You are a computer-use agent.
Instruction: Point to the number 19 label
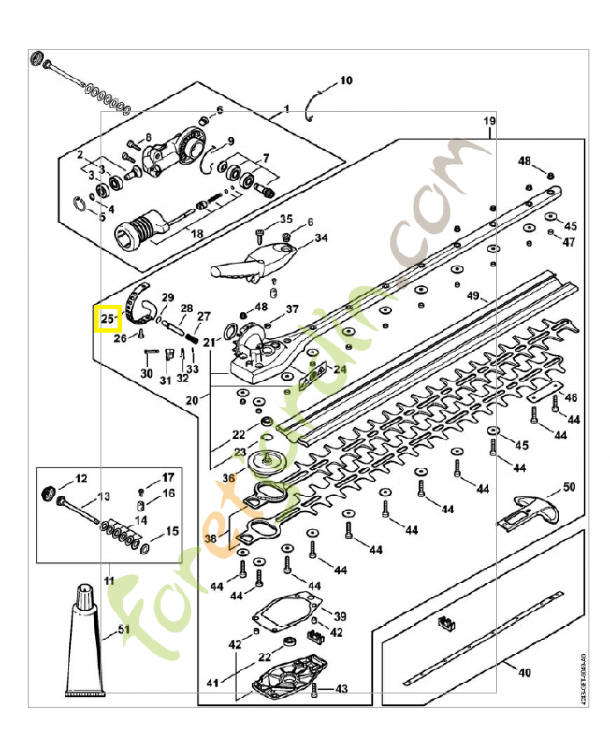[x=488, y=122]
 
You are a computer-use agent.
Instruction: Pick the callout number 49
[x=473, y=295]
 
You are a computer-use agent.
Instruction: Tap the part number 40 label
[x=524, y=671]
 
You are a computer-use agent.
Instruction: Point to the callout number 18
[x=196, y=233]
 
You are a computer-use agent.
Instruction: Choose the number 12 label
[x=80, y=478]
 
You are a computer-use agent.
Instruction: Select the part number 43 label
[x=341, y=689]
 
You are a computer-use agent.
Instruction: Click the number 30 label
[x=146, y=373]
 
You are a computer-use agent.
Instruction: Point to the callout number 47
[x=568, y=242]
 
